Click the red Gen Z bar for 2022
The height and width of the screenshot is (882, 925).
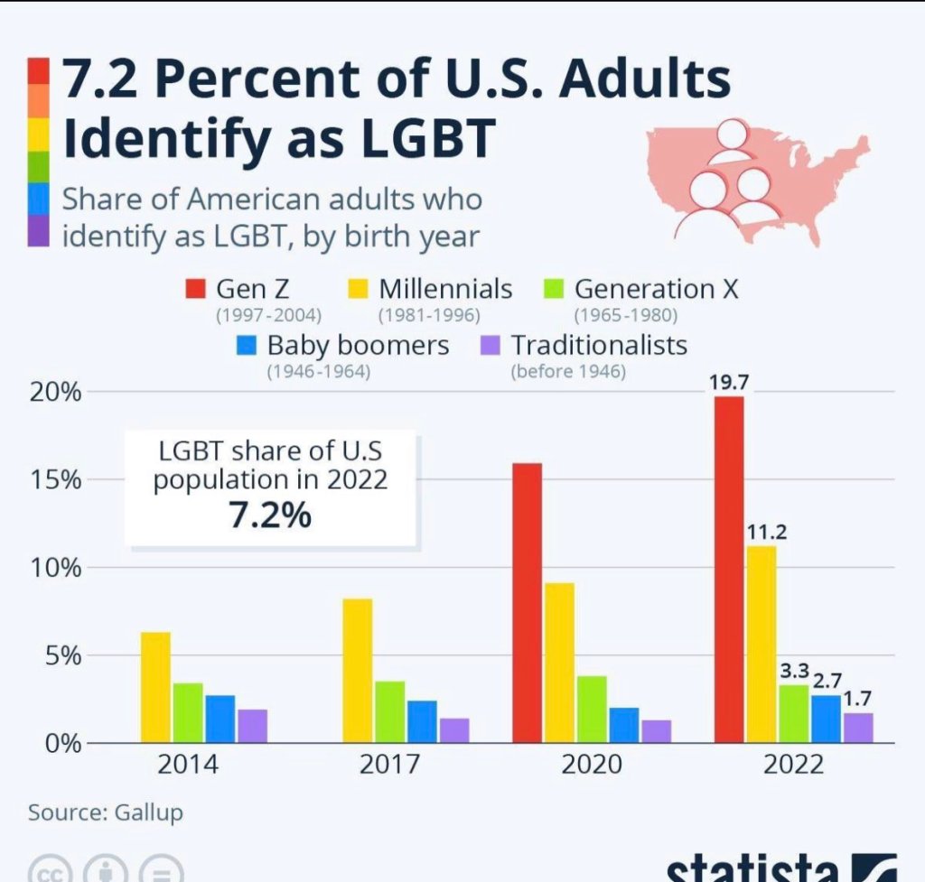[x=729, y=569]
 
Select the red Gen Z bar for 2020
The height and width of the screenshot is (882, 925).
[x=528, y=602]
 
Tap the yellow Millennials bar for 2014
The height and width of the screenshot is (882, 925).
[x=156, y=687]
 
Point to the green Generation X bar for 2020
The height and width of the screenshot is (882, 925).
[x=592, y=709]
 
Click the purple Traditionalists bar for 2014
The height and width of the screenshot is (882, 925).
[x=253, y=726]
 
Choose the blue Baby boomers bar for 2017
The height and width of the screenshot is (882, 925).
[x=423, y=721]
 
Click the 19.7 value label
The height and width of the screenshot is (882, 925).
[x=728, y=383]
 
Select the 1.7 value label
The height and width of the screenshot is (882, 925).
[x=858, y=700]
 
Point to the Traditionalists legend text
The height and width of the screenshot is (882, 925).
[x=599, y=345]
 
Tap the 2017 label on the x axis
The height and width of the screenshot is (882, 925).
[x=389, y=765]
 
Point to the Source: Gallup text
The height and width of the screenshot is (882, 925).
[x=105, y=812]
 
